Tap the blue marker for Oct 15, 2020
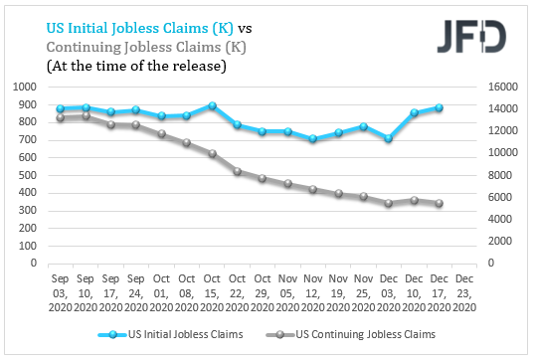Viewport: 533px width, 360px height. (212, 105)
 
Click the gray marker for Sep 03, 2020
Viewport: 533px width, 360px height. (60, 118)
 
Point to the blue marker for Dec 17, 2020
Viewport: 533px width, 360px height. (439, 108)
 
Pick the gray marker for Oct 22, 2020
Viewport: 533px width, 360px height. (237, 171)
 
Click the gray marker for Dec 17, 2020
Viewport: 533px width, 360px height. (439, 204)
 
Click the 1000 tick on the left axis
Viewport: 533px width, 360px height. (26, 88)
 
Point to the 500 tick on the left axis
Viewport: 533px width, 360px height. (28, 176)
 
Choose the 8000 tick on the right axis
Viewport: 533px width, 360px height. (497, 176)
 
